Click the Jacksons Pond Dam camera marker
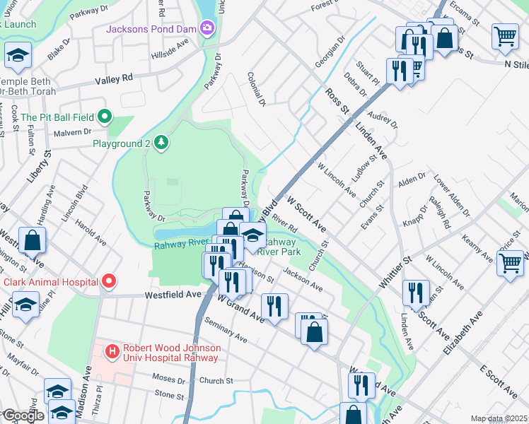pos(207,29)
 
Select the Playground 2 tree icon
pos(162,143)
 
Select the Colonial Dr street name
pos(256,88)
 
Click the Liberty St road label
pos(38,167)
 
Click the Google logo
pos(23,416)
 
